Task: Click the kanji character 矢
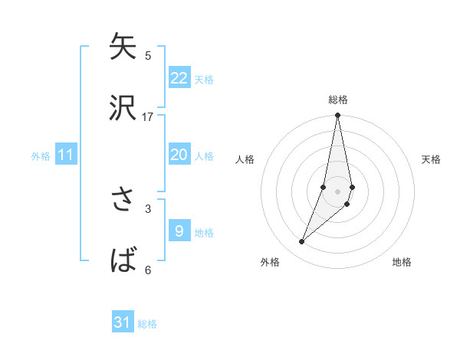[123, 47]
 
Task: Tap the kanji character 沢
[123, 108]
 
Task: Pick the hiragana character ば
[123, 261]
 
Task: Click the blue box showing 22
[179, 78]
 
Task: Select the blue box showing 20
[179, 155]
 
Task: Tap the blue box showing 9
[179, 231]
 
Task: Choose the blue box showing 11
[66, 155]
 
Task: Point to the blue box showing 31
[123, 322]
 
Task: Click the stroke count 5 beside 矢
[148, 55]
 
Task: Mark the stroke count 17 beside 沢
[148, 116]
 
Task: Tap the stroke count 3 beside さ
[148, 208]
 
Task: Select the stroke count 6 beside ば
[148, 270]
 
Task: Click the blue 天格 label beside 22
[204, 80]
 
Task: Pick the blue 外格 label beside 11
[41, 156]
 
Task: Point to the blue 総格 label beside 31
[147, 324]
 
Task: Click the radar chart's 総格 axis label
[338, 100]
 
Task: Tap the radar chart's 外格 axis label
[270, 262]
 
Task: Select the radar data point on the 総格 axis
[337, 116]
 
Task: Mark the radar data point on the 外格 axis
[301, 242]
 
